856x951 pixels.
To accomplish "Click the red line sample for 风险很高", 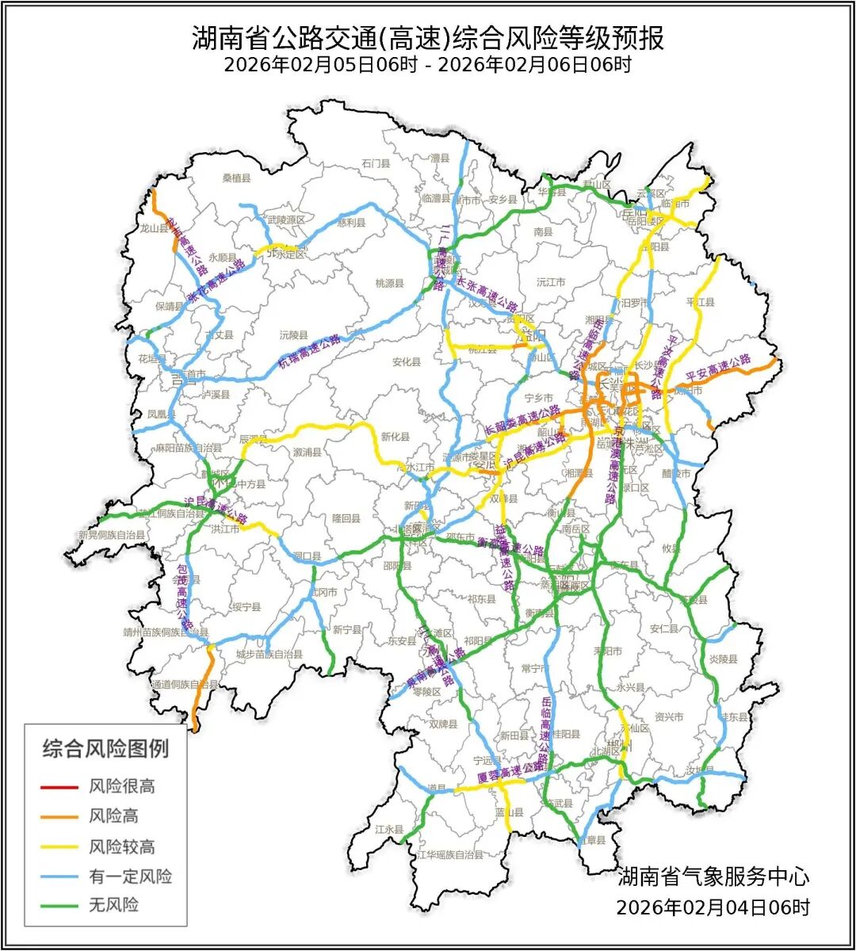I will click(60, 787).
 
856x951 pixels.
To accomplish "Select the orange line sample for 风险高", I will click(60, 816).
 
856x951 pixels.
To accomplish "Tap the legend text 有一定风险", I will click(130, 877).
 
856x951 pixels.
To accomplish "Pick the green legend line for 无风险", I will click(60, 905).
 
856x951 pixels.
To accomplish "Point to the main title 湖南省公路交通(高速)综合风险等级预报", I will click(427, 37).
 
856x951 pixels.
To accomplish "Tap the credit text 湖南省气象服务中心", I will click(713, 877).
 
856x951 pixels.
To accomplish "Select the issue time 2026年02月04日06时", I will click(713, 907).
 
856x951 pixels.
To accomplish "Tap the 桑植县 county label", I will click(236, 179).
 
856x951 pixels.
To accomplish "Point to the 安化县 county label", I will click(407, 362).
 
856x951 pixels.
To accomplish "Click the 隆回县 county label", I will click(346, 518).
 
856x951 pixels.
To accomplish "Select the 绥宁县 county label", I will click(246, 607).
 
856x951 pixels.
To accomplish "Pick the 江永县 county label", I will click(391, 829).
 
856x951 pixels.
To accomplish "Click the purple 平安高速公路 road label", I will click(718, 367).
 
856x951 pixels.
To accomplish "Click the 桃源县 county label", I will click(389, 283).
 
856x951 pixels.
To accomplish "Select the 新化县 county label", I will click(395, 437).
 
